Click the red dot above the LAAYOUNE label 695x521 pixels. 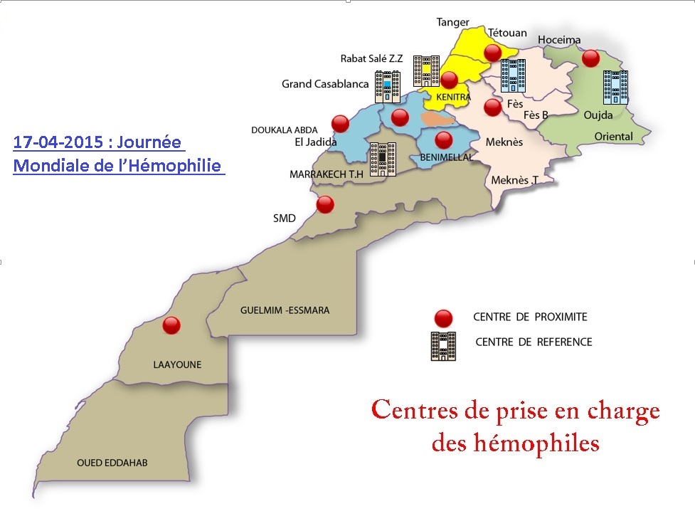[x=171, y=326]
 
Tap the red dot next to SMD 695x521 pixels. [x=325, y=204]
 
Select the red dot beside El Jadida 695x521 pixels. [x=341, y=124]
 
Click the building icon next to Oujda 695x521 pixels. [x=615, y=88]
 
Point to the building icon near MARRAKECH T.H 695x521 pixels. [x=382, y=159]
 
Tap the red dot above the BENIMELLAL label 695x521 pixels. [x=444, y=139]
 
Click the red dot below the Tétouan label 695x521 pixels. [x=492, y=52]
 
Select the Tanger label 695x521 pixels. [x=453, y=22]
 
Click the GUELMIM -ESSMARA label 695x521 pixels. [x=285, y=310]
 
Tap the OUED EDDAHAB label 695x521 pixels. [x=112, y=463]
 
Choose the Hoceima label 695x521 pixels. [x=559, y=41]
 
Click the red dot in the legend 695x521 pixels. [x=443, y=317]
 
